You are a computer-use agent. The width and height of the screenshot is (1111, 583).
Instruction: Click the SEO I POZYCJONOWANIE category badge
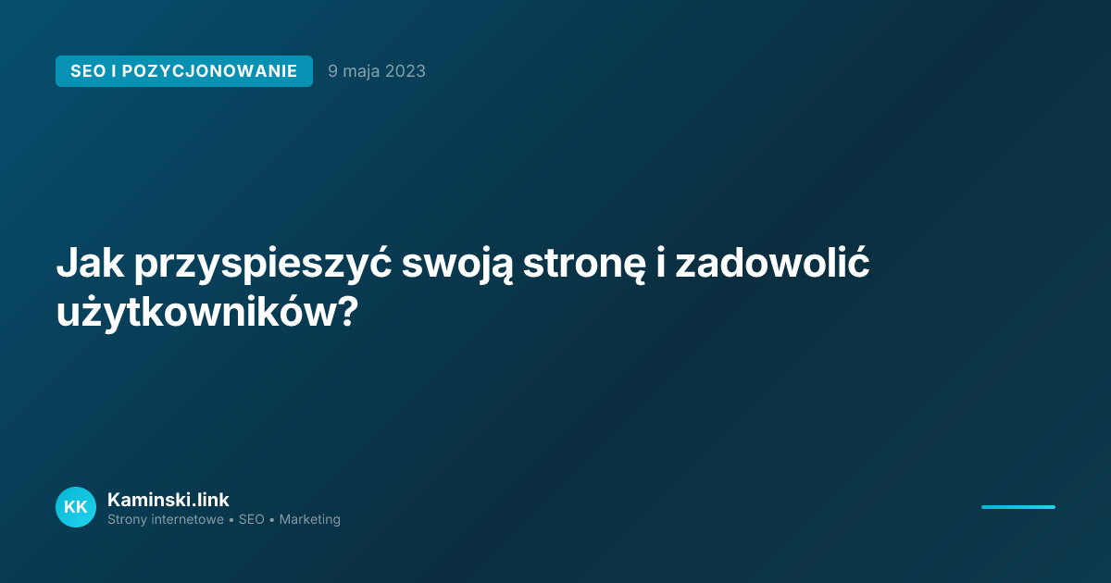183,71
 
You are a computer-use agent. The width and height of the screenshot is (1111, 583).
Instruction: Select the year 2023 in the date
406,71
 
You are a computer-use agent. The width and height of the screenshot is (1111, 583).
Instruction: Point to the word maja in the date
363,71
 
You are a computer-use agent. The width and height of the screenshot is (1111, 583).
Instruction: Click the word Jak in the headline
89,265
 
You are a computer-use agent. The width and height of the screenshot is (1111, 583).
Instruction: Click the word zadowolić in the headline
772,265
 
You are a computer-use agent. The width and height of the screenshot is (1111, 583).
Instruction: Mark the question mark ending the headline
343,313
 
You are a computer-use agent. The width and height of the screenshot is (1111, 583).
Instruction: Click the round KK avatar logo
76,507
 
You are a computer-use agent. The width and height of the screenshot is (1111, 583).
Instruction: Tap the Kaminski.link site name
168,500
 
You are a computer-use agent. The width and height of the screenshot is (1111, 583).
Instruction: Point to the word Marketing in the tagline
309,520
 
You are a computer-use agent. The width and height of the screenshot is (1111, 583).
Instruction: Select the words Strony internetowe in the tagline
166,520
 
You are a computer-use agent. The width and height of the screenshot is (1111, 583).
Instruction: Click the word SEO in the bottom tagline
251,520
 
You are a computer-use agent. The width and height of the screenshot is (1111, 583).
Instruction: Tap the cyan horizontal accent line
1017,507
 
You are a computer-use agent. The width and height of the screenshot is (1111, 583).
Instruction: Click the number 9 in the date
332,71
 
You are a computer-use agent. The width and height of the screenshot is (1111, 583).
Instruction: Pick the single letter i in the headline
661,265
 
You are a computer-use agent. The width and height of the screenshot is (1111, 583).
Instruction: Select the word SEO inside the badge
88,71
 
